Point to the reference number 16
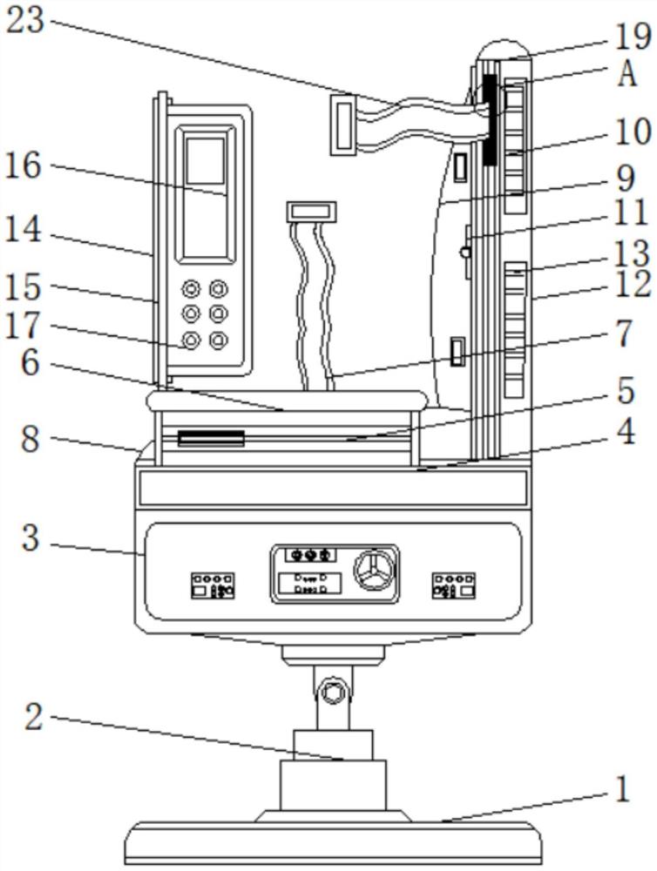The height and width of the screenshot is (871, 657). click(x=24, y=165)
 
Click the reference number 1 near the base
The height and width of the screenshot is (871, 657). click(x=620, y=791)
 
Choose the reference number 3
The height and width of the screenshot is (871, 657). click(x=30, y=538)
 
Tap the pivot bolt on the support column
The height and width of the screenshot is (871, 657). click(x=332, y=692)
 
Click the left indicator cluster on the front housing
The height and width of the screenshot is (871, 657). click(x=212, y=584)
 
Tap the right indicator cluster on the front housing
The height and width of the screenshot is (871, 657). click(x=453, y=584)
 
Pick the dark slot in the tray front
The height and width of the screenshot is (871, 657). click(x=210, y=436)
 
